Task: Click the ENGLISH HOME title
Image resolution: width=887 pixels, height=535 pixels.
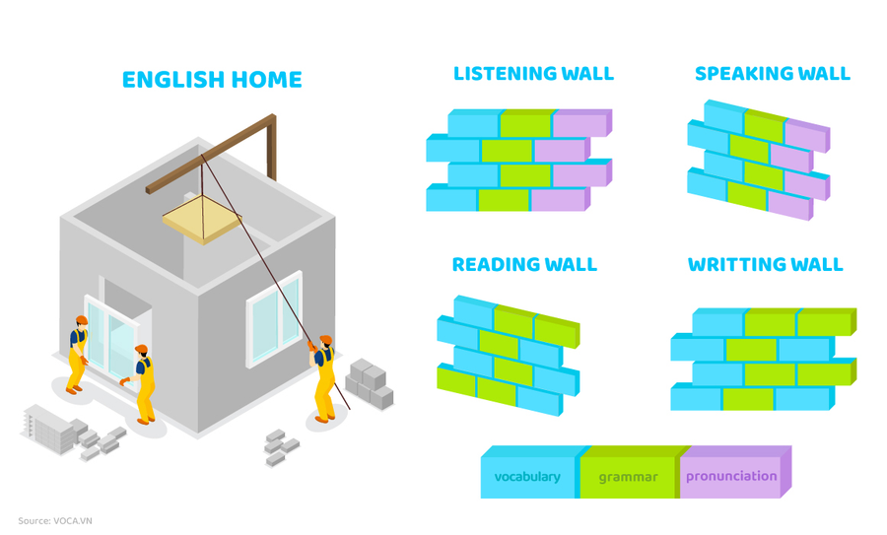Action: pos(212,80)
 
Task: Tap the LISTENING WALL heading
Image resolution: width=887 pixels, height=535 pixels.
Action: pos(533,74)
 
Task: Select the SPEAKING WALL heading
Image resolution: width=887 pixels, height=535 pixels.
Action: pos(772,74)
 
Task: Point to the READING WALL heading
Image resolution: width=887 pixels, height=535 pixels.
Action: pos(524,264)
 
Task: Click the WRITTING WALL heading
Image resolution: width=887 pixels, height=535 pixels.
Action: pos(766,264)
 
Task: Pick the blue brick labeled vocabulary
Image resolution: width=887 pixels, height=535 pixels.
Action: pos(527,477)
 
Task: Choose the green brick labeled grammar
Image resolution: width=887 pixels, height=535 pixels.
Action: pos(628,477)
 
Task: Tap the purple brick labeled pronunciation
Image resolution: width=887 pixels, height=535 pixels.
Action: pos(731,477)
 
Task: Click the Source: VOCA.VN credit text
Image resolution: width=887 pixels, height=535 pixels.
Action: pos(61,520)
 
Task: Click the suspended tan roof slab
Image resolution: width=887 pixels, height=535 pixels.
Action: pos(202,218)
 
